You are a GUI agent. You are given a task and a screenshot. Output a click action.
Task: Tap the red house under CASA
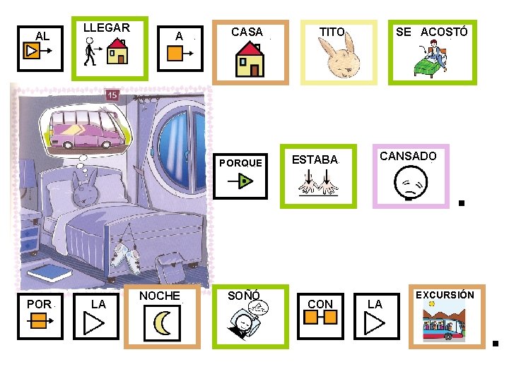pyautogui.click(x=250, y=59)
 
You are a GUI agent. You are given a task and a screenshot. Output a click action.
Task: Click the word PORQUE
pyautogui.click(x=240, y=163)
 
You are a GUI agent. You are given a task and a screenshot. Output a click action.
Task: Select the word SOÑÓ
pyautogui.click(x=244, y=296)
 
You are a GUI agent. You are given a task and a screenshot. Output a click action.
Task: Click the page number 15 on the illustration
pyautogui.click(x=112, y=95)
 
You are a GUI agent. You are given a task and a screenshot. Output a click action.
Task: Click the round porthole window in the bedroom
pyautogui.click(x=179, y=141)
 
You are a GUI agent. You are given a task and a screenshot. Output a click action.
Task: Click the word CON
pyautogui.click(x=320, y=304)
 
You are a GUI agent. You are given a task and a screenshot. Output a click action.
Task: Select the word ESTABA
pyautogui.click(x=315, y=159)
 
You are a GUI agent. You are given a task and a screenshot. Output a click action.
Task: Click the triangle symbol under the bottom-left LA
pyautogui.click(x=94, y=323)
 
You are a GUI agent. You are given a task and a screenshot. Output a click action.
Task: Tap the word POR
pyautogui.click(x=39, y=304)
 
